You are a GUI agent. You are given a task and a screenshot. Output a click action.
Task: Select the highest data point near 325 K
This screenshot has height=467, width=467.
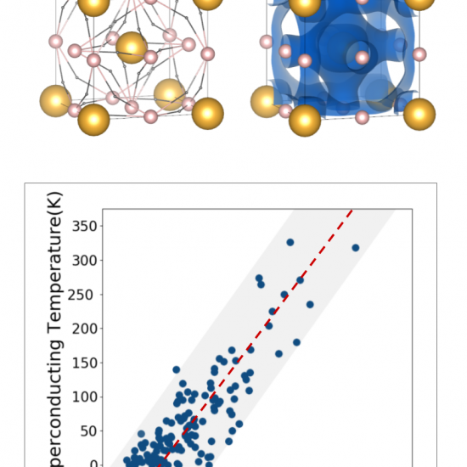(290, 242)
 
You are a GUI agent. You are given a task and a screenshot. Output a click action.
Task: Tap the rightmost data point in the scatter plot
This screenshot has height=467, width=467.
(356, 248)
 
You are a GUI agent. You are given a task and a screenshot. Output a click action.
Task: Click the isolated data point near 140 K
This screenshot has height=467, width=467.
(177, 369)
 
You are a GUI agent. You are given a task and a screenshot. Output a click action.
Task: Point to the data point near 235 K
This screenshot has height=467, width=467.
(310, 304)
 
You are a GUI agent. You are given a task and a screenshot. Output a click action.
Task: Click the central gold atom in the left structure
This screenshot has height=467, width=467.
(132, 48)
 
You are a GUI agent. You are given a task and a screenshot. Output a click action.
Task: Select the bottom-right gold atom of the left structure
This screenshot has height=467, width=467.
(207, 113)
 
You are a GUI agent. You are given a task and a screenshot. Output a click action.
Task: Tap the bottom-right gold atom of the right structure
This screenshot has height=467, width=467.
(419, 114)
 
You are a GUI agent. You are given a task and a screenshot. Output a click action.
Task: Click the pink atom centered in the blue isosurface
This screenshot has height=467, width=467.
(363, 58)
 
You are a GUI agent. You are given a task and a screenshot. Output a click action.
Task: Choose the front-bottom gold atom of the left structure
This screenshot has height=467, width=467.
(94, 120)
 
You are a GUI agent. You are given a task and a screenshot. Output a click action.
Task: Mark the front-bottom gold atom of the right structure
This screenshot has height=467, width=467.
(305, 121)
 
